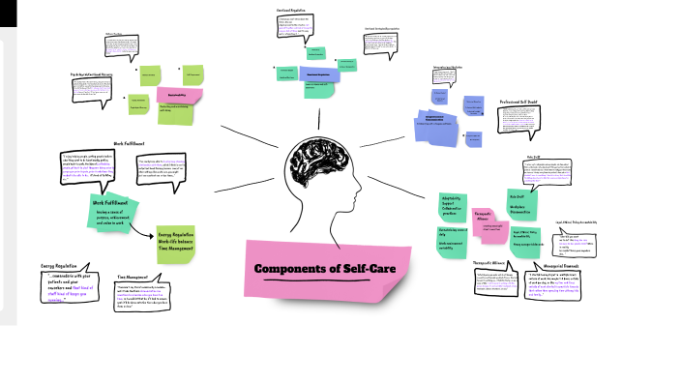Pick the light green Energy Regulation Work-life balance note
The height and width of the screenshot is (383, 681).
176,242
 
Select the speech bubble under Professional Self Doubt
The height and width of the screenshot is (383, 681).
525,120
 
